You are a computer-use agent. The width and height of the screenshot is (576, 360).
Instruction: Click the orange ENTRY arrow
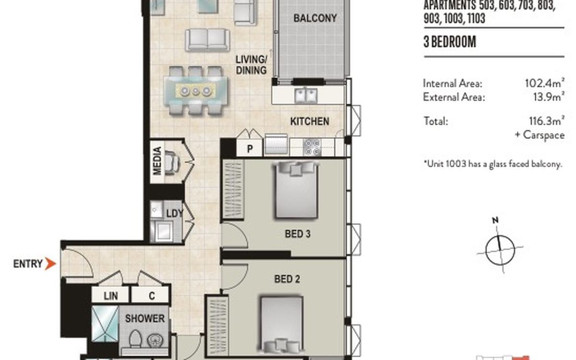pyautogui.click(x=50, y=264)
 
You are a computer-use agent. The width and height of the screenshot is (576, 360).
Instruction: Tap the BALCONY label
pyautogui.click(x=315, y=18)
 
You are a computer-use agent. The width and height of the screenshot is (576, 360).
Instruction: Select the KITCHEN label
pyautogui.click(x=310, y=121)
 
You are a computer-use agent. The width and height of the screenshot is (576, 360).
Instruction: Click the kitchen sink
pyautogui.click(x=306, y=96)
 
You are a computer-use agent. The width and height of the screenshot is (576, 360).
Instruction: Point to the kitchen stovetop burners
pyautogui.click(x=312, y=147)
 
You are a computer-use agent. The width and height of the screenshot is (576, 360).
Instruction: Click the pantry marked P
pyautogui.click(x=250, y=148)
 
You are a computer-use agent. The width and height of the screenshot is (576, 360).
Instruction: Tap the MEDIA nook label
pyautogui.click(x=157, y=161)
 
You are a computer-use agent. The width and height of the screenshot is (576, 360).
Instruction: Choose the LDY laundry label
pyautogui.click(x=175, y=214)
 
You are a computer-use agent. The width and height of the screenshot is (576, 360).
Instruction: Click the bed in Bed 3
pyautogui.click(x=297, y=190)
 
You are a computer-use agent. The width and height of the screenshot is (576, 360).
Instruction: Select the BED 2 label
pyautogui.click(x=287, y=279)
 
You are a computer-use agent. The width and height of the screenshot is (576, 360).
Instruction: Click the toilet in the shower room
pyautogui.click(x=135, y=339)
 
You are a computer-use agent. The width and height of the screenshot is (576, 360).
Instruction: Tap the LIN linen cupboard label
pyautogui.click(x=111, y=296)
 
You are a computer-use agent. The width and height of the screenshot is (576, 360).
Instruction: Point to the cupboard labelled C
pyautogui.click(x=150, y=295)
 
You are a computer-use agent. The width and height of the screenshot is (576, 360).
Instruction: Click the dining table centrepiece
pyautogui.click(x=196, y=91)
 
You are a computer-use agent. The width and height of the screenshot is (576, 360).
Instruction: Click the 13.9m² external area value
pyautogui.click(x=549, y=96)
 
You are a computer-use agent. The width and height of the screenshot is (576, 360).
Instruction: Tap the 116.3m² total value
pyautogui.click(x=547, y=120)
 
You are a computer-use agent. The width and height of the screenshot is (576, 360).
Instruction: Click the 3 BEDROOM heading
pyautogui.click(x=450, y=42)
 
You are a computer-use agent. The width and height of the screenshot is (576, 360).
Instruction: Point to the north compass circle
pyautogui.click(x=500, y=250)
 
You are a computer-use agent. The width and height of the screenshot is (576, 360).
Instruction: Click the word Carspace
pyautogui.click(x=544, y=135)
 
